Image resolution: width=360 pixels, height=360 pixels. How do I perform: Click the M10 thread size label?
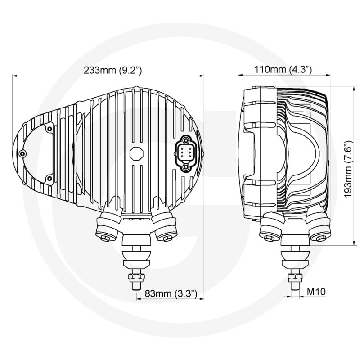click(316, 292)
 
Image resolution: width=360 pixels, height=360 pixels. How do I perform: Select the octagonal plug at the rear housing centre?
click(136, 153)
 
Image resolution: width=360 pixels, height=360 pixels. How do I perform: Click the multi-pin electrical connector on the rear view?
click(186, 153)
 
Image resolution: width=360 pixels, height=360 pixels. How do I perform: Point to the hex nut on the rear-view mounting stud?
click(136, 276)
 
